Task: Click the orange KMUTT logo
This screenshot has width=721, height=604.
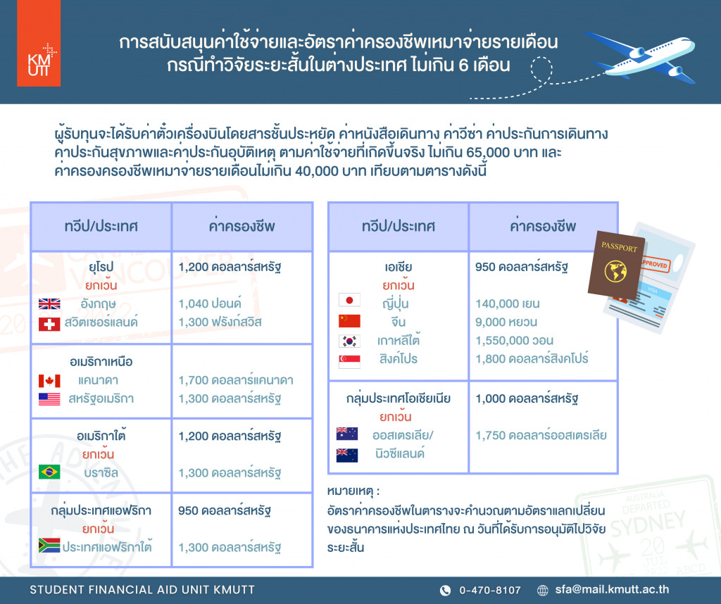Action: click(x=39, y=43)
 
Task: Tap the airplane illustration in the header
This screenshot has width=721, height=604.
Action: click(x=640, y=57)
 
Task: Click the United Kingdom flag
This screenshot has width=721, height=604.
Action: click(x=49, y=304)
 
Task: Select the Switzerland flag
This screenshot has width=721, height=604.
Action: click(x=49, y=324)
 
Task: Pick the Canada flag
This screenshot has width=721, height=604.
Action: click(x=49, y=381)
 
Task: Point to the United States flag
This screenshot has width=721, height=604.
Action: click(x=49, y=399)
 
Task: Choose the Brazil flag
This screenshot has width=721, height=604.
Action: click(x=49, y=472)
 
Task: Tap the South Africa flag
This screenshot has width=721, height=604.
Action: click(x=49, y=545)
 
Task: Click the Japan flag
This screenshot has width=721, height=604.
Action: click(x=349, y=300)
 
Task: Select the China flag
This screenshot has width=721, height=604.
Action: click(x=349, y=321)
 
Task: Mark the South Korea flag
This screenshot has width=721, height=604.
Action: click(x=349, y=341)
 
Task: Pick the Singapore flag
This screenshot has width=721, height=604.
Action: click(x=349, y=362)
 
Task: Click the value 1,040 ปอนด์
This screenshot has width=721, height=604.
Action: click(x=210, y=303)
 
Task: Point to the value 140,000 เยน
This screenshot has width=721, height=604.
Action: click(x=508, y=304)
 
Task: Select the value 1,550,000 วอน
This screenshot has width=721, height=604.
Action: click(x=515, y=341)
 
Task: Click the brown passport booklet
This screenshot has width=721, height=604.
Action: click(x=617, y=264)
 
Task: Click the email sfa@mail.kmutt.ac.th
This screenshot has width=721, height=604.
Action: click(x=612, y=590)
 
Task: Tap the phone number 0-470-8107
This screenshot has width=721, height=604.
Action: click(x=490, y=590)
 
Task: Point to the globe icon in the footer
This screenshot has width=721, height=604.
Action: click(x=543, y=590)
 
